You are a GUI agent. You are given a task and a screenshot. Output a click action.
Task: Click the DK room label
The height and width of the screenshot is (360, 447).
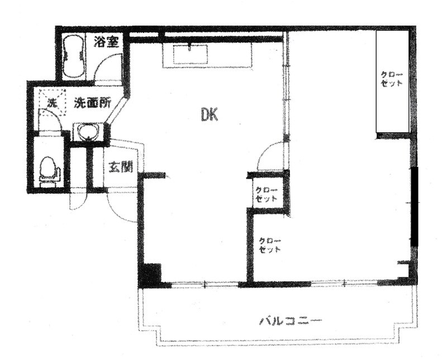pos(210,115)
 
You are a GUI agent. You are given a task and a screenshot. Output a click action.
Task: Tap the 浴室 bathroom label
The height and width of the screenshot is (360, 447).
pos(107,42)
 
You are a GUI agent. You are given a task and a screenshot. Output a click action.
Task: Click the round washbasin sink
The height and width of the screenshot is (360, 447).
pos(86,133)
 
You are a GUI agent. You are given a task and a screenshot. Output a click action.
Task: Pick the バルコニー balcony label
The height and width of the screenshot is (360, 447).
pos(291,321)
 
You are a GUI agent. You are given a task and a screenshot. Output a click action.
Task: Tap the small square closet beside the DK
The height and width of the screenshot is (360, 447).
pos(267,194)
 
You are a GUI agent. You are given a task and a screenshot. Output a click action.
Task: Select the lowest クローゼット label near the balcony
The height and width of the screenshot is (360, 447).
pos(269,245)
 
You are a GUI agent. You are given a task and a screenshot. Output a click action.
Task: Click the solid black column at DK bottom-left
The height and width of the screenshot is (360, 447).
pos(150,275)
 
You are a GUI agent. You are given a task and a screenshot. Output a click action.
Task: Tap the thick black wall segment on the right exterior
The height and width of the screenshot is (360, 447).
pos(415,207)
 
